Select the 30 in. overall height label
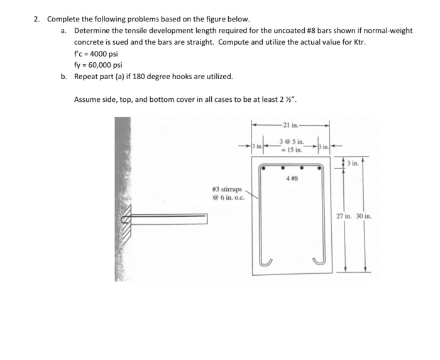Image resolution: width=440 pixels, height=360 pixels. point(363,215)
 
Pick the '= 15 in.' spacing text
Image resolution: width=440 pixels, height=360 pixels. point(291,150)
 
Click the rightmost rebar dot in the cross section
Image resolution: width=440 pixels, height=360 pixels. point(319,168)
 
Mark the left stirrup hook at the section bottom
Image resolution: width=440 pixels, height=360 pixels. point(267,260)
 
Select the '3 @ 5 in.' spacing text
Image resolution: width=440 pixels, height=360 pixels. point(292,143)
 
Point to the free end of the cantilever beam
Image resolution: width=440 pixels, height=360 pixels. point(206,219)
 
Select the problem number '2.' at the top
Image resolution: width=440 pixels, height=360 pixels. point(37,19)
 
